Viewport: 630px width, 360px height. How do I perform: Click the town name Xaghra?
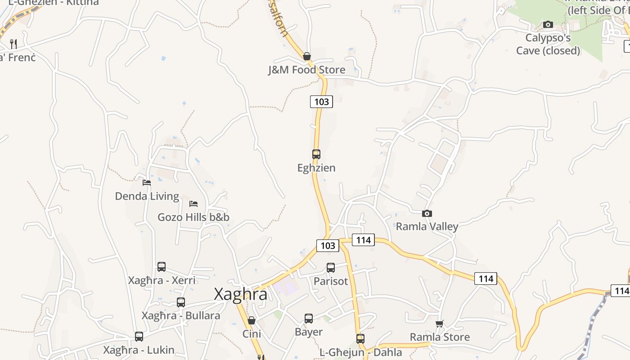point(240,294)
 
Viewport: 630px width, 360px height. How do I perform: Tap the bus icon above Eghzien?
point(316,154)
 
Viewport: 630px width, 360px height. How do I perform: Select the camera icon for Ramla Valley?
point(427,213)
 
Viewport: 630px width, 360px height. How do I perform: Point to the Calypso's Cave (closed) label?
point(548,44)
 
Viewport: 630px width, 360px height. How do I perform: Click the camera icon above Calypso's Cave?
point(548,24)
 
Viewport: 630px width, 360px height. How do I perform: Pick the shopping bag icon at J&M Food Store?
point(307,56)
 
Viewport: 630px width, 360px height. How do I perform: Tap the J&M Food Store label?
point(306,70)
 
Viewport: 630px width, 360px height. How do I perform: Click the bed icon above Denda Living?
point(147,182)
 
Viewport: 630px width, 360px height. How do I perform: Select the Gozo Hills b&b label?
point(193,217)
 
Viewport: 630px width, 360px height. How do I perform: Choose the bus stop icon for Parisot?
point(331,268)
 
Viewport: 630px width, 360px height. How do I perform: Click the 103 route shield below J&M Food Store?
point(321,102)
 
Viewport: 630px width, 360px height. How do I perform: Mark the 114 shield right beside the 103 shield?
point(363,240)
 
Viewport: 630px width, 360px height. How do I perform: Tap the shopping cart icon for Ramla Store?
point(440,324)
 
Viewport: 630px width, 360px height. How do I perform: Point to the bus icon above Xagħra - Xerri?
point(162,267)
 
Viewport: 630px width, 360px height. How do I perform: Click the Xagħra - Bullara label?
point(181,315)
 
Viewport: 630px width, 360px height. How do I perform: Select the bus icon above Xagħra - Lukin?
point(139,336)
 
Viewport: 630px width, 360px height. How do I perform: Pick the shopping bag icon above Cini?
point(252,320)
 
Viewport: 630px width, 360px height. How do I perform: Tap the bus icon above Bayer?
point(309,319)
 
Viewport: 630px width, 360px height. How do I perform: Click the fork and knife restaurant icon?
point(13,44)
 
